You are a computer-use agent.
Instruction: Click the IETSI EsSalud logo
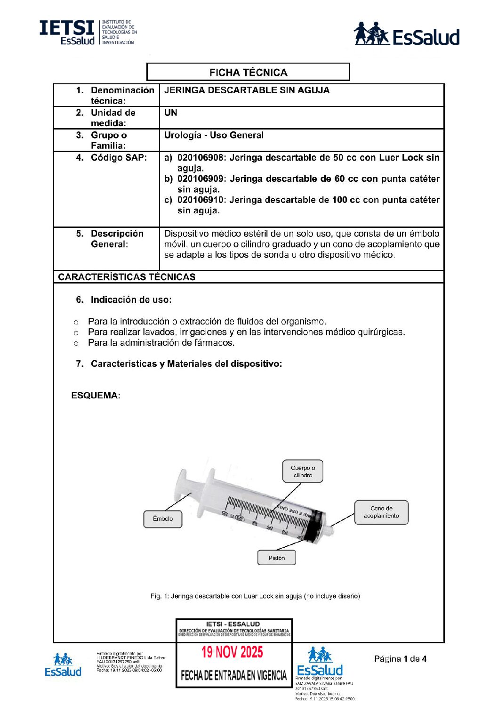point(88,32)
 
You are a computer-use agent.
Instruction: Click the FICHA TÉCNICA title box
point(248,72)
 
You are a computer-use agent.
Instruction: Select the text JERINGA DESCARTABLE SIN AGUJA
point(247,90)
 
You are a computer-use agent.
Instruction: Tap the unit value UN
point(170,113)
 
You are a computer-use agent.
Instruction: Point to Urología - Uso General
point(214,135)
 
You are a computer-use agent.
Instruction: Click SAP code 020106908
point(200,158)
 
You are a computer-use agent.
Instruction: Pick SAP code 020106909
point(200,179)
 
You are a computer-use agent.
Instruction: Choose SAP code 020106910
point(200,200)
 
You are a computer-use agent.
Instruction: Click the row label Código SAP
point(118,158)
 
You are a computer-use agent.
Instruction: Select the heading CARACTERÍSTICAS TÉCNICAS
point(127,277)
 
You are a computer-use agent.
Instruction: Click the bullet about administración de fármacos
point(161,343)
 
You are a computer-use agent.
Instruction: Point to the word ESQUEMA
point(96,395)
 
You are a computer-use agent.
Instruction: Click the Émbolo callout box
point(163,519)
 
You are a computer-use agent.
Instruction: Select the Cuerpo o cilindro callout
point(303,471)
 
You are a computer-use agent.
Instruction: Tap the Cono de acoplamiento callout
point(381,512)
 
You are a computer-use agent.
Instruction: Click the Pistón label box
point(277,558)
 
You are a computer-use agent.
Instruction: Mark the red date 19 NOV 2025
point(233,652)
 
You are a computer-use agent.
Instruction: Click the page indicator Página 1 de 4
point(401,659)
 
